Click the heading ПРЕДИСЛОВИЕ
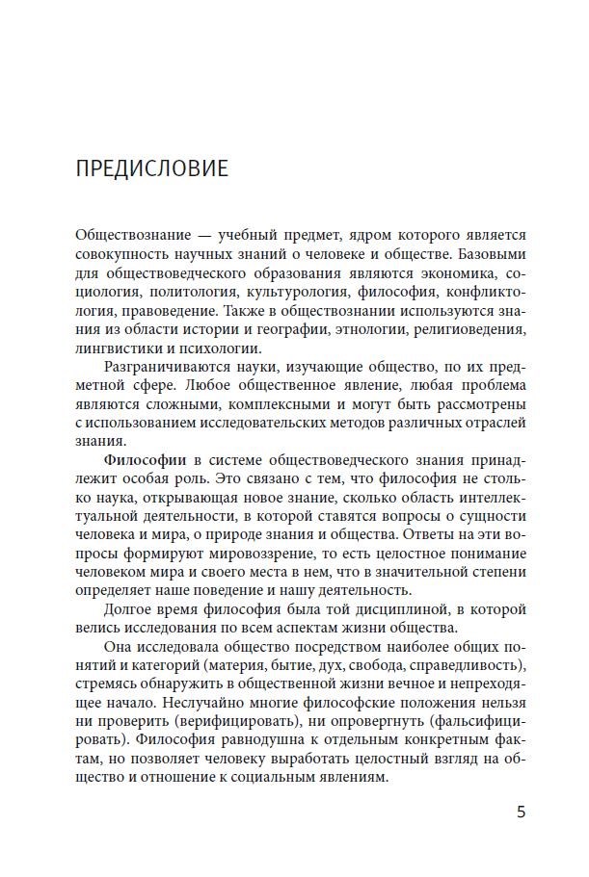[x=151, y=168]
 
